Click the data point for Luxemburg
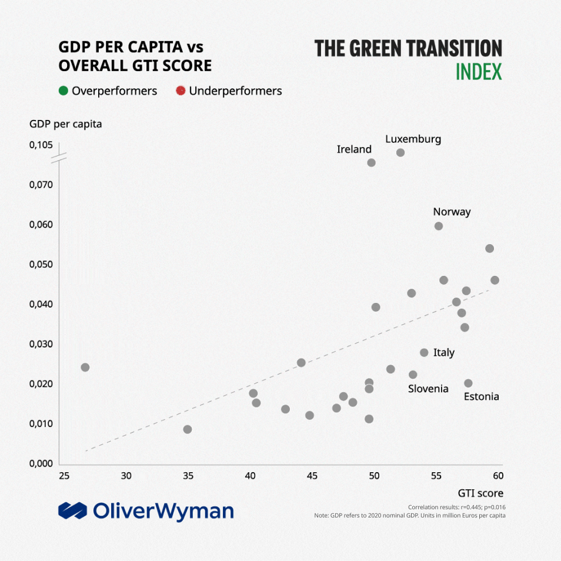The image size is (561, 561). click(400, 152)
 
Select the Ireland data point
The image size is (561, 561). click(371, 162)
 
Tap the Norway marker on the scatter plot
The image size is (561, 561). click(438, 226)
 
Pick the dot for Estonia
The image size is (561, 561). click(468, 383)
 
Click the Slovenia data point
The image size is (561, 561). click(413, 375)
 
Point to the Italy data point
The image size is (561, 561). click(424, 352)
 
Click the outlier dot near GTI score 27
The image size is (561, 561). click(85, 367)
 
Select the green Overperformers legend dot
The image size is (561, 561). click(64, 91)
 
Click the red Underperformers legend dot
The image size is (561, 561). click(181, 91)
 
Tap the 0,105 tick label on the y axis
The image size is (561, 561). click(41, 145)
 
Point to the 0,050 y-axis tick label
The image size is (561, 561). click(41, 265)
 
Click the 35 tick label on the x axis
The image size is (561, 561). click(188, 475)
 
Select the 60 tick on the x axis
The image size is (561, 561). click(497, 475)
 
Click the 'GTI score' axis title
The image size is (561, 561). click(480, 493)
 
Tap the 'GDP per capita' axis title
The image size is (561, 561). click(65, 124)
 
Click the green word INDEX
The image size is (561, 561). click(479, 72)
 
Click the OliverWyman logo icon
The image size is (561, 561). click(72, 511)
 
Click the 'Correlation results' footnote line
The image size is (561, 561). click(456, 507)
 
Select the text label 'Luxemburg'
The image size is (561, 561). click(413, 139)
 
